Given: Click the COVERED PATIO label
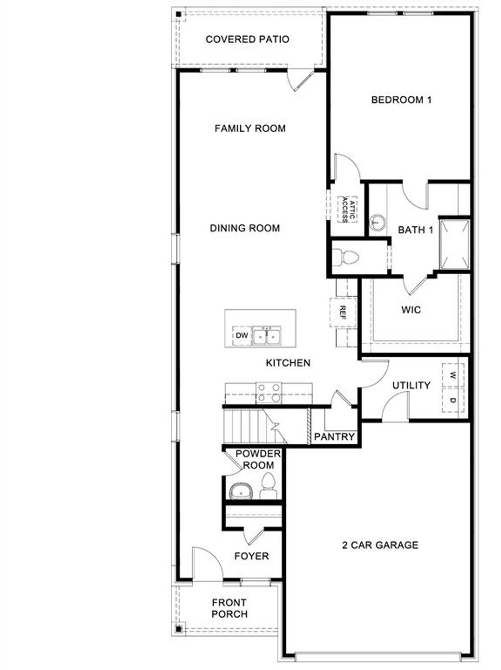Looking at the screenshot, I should tap(247, 39).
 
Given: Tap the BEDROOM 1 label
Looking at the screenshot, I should tap(401, 100).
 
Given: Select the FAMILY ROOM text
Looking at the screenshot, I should tap(250, 128).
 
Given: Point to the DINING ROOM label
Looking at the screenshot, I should tap(245, 228).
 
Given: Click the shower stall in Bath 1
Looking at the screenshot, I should tap(455, 245).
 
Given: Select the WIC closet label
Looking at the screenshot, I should tap(411, 310).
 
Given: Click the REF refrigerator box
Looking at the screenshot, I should tap(342, 312).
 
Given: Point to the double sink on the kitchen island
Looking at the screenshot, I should tap(266, 336).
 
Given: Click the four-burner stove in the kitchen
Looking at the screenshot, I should tap(269, 392).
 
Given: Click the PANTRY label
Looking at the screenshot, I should tap(334, 436).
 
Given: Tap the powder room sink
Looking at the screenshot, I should tap(240, 490).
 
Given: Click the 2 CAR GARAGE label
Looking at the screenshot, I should tap(380, 545).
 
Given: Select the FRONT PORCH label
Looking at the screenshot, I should tap(229, 608).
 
